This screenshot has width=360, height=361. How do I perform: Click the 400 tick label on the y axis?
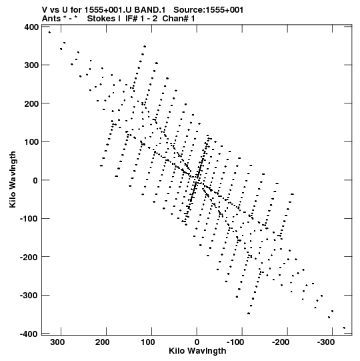(31, 27)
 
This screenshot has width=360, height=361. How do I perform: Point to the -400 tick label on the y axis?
(29, 334)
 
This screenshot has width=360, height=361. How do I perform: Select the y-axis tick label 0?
(35, 180)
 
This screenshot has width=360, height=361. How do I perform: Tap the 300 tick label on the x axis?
(57, 342)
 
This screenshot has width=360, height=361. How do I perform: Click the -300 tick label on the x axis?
(325, 342)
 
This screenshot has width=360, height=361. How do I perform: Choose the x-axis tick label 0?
(197, 342)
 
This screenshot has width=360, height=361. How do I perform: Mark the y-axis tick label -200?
(29, 257)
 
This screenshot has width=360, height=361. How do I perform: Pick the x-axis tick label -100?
(235, 342)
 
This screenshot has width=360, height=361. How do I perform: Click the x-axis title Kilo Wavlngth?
(197, 351)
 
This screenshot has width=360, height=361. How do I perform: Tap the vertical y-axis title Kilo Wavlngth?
(13, 179)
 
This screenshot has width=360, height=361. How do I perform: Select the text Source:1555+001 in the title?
(209, 10)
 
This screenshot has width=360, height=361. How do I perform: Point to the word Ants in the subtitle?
(51, 19)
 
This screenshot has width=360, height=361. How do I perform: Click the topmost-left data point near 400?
(49, 32)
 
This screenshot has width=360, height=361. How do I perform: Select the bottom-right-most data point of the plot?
(344, 328)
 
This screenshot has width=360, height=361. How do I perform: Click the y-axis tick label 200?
(31, 104)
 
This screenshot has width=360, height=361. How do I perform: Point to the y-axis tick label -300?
(29, 296)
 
